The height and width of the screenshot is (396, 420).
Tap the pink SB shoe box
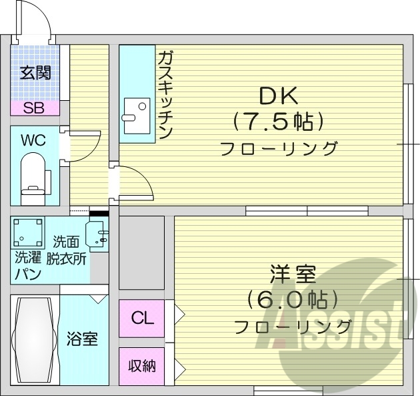pos(35,108)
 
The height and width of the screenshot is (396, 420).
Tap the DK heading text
pos(279,97)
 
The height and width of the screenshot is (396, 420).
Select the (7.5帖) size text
pos(279,122)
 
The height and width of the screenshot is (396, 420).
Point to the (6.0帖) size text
pos(292,299)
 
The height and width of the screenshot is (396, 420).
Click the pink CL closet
pos(142,318)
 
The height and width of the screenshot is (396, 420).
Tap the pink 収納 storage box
pos(142,365)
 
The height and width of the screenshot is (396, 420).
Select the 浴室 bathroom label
pos(83,339)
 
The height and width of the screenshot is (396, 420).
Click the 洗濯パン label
pos(28,266)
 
